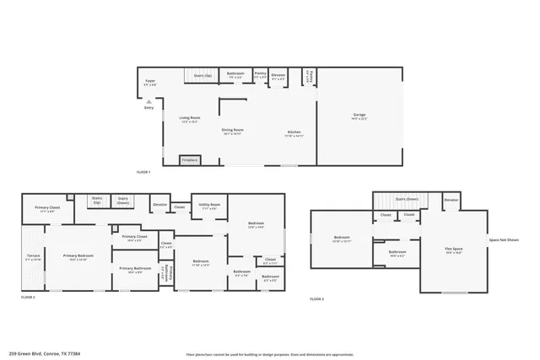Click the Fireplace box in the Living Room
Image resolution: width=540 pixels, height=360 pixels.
(190, 159)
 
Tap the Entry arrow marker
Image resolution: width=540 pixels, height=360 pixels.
(149, 101)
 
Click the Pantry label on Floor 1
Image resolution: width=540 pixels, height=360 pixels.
(260, 73)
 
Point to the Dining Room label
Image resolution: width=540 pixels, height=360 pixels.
(232, 130)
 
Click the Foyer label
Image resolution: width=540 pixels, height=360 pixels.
(150, 82)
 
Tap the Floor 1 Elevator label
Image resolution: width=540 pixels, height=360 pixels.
(278, 74)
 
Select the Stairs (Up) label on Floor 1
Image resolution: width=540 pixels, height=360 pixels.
(202, 75)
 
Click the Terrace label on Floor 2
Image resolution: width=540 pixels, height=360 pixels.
(32, 255)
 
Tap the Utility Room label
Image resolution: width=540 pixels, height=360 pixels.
(209, 205)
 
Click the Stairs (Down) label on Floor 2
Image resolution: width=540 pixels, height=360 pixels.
(123, 200)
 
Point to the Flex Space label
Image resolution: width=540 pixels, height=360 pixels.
(454, 248)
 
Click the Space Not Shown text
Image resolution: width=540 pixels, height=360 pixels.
(504, 240)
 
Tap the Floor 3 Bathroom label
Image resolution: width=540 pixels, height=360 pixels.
(397, 252)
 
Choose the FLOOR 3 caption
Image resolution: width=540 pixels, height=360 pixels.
(316, 299)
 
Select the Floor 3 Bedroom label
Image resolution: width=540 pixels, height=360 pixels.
(341, 239)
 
